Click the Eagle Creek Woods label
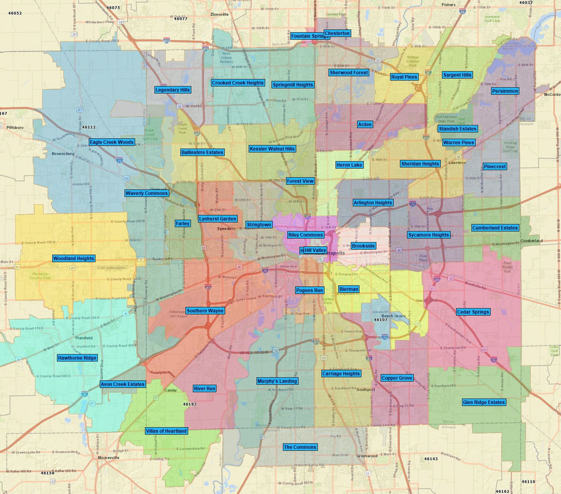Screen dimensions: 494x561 pyautogui.click(x=112, y=142)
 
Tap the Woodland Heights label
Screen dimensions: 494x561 pyautogui.click(x=73, y=258)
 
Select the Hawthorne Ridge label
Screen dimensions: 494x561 pyautogui.click(x=77, y=358)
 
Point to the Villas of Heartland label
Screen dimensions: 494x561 pyautogui.click(x=167, y=431)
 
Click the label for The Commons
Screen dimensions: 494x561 pyautogui.click(x=300, y=447)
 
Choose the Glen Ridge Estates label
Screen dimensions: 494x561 pyautogui.click(x=484, y=402)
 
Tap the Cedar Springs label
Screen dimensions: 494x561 pyautogui.click(x=473, y=312)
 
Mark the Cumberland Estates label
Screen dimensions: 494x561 pyautogui.click(x=495, y=228)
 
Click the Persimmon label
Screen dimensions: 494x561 pyautogui.click(x=505, y=91)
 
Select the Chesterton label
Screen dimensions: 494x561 pyautogui.click(x=337, y=33)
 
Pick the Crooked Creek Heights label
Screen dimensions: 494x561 pyautogui.click(x=238, y=83)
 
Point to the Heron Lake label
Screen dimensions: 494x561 pyautogui.click(x=349, y=165)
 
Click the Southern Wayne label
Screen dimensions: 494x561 pyautogui.click(x=205, y=311)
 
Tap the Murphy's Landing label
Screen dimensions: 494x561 pyautogui.click(x=277, y=381)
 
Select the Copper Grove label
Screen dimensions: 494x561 pyautogui.click(x=397, y=378)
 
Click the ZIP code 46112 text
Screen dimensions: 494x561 pyautogui.click(x=88, y=127)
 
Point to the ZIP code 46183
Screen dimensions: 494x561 pyautogui.click(x=190, y=404)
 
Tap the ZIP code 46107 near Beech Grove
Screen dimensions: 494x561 pyautogui.click(x=381, y=320)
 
